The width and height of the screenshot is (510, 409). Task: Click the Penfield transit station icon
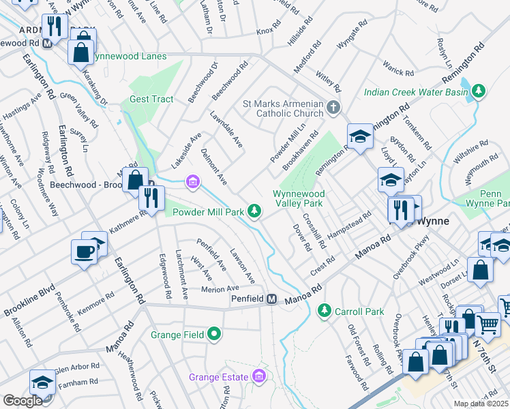pos(271,299)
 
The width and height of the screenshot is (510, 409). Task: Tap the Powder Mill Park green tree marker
pos(254,212)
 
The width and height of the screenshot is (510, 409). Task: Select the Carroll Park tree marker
pos(324,311)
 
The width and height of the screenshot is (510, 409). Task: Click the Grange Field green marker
pos(215,334)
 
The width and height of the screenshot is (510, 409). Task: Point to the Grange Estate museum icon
pos(258,376)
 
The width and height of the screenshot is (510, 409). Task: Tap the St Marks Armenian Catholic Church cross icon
pos(333,107)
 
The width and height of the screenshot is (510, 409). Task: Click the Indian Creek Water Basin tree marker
pos(479,91)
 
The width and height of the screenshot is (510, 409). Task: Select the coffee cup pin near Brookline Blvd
pos(85,252)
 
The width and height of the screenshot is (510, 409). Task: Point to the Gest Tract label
pos(151,99)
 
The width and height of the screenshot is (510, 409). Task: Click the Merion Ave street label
pos(220,289)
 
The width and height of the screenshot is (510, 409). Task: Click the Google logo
pos(22,401)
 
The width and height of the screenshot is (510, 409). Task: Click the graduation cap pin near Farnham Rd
pos(42,382)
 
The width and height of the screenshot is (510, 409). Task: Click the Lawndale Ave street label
pos(226,130)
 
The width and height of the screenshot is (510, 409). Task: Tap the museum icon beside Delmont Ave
pos(193,181)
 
